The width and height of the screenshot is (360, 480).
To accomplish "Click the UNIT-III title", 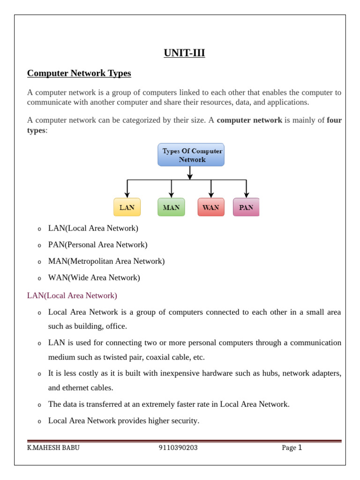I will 184,53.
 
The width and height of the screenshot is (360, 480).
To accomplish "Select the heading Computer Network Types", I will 79,74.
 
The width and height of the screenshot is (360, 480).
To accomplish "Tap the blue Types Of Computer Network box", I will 191,155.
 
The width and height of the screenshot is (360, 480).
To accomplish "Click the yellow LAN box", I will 127,207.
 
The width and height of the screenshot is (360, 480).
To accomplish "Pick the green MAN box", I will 171,207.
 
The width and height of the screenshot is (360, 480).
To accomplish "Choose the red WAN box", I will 211,207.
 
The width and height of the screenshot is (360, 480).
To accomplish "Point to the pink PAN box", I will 246,207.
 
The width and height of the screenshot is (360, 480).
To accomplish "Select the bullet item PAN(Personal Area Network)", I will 97,245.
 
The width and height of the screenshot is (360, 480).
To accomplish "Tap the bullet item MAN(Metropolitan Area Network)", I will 106,261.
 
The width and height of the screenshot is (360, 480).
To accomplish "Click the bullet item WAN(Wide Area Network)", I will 94,277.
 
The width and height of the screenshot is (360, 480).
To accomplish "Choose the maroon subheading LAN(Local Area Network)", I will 72,296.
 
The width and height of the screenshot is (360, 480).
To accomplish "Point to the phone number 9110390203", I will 178,448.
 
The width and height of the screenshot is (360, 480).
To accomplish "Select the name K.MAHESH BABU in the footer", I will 53,448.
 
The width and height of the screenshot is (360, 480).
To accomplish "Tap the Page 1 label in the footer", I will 292,448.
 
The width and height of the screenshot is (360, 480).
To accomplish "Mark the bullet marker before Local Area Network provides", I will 39,421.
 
